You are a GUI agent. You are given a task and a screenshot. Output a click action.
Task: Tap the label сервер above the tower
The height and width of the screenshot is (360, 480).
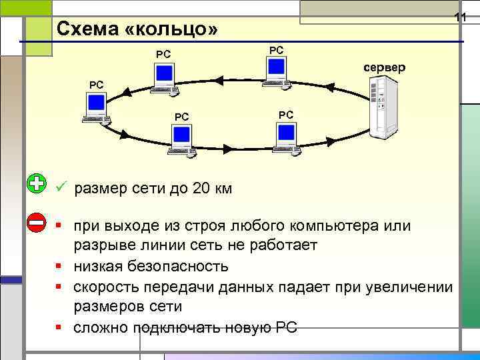383,68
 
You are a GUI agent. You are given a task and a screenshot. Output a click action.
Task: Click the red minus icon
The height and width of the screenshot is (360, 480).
37,222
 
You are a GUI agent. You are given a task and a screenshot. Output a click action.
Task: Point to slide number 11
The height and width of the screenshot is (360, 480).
459,16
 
